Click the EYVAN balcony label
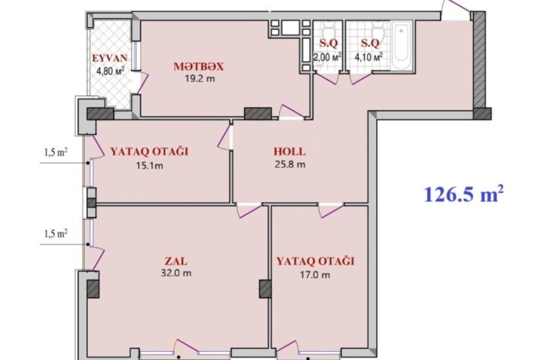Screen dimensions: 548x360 point(110,58)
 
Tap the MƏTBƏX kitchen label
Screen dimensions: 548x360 point(198,66)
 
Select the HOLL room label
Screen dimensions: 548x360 point(289,151)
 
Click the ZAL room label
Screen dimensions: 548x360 point(176,261)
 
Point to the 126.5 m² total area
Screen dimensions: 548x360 point(464,194)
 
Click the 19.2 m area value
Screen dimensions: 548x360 point(200,78)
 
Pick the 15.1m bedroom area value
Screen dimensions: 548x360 point(149,166)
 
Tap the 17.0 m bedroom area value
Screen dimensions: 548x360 point(315,274)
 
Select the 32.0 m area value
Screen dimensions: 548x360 point(176,273)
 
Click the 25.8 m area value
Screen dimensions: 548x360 point(290,163)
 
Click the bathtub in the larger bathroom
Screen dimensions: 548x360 point(402,46)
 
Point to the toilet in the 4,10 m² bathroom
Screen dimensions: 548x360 point(378,31)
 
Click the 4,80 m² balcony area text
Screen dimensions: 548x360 point(110,71)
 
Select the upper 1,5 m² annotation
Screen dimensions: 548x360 point(56,152)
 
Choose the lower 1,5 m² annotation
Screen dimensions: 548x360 point(56,233)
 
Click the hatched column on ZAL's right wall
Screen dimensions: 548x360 point(265,289)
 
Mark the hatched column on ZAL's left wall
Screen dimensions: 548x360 point(92,289)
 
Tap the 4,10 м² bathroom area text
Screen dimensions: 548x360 point(369,56)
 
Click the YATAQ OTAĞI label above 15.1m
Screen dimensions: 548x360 point(149,151)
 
